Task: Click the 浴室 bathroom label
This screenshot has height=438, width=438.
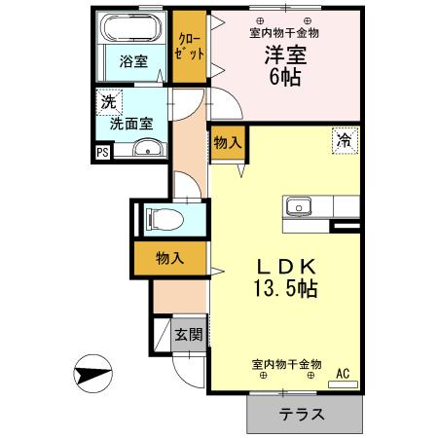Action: click(x=134, y=61)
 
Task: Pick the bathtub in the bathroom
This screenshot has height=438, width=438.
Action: click(x=135, y=27)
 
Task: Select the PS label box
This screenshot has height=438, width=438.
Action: click(x=102, y=152)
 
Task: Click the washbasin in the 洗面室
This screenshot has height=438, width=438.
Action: click(x=147, y=148)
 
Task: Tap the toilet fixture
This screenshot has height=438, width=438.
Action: click(x=158, y=218)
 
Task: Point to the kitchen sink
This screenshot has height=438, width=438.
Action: click(x=298, y=206)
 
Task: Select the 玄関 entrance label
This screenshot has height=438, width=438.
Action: click(x=188, y=335)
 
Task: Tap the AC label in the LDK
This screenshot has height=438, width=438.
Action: click(x=342, y=372)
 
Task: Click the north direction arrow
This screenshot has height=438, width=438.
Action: click(x=89, y=373)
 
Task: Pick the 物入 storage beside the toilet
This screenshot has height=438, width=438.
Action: click(x=169, y=258)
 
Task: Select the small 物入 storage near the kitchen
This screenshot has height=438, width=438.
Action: click(x=228, y=143)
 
